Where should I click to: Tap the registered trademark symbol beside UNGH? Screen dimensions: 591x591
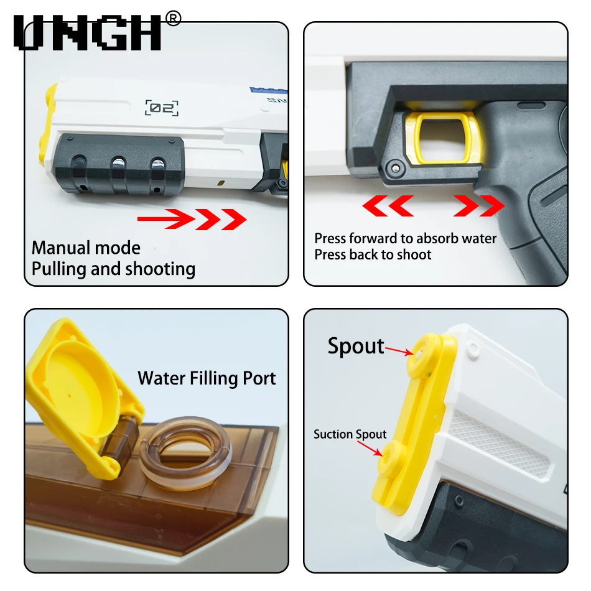[x=173, y=19]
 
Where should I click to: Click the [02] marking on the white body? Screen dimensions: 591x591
[x=162, y=108]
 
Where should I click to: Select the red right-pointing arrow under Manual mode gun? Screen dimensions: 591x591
[x=192, y=219]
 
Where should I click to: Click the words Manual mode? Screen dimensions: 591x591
[x=86, y=248]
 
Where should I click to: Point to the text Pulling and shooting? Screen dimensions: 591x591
[x=113, y=269]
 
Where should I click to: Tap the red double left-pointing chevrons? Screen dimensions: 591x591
[x=388, y=206]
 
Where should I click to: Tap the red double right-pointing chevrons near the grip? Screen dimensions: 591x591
[x=478, y=206]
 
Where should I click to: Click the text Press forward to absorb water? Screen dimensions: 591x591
[x=406, y=239]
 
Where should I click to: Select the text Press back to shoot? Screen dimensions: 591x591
[x=373, y=255]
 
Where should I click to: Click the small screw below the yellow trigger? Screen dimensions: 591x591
[x=394, y=167]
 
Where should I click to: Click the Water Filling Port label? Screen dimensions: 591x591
[x=207, y=378]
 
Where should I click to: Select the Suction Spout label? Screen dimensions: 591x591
[x=350, y=434]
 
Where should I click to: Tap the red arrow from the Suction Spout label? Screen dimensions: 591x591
[x=370, y=448]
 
